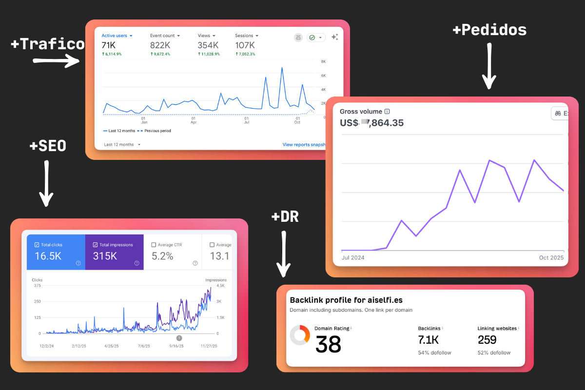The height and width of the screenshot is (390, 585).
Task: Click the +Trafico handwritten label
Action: (47, 44)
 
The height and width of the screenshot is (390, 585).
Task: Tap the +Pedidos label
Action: (489, 30)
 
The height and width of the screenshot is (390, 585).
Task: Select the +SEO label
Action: (47, 145)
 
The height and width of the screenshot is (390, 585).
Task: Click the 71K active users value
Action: (108, 45)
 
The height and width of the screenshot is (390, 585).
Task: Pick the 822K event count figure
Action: (160, 45)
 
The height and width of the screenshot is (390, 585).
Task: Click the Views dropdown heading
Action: (206, 36)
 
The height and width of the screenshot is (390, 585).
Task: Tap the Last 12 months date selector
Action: (122, 145)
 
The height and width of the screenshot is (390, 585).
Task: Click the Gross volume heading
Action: (361, 112)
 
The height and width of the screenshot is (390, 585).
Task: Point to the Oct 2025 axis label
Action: (551, 257)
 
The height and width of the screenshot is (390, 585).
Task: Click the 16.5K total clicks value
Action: (48, 256)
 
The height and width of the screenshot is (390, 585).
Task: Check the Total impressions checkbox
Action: (95, 245)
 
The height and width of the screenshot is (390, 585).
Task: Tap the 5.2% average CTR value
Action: (162, 256)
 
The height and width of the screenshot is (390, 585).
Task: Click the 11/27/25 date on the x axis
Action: (208, 346)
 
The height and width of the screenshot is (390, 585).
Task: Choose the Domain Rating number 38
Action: (328, 345)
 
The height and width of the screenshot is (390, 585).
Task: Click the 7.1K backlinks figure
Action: (429, 340)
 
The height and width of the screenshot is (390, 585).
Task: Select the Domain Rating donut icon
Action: (300, 335)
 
